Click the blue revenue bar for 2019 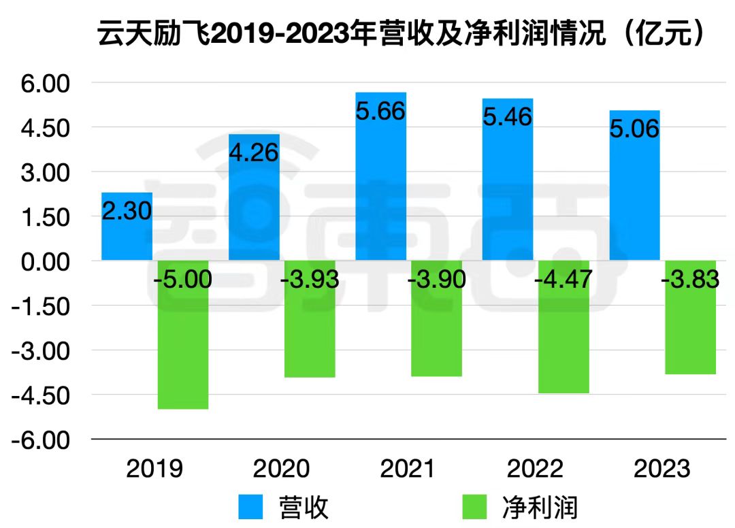[x=127, y=238]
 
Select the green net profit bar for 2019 [x=182, y=347]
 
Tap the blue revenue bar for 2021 [x=381, y=191]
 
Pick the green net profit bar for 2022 [x=563, y=340]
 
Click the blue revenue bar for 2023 [x=634, y=197]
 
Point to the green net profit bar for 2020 [x=310, y=333]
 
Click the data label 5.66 [x=381, y=111]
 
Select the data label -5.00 [x=182, y=280]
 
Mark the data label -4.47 [x=563, y=280]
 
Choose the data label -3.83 [x=689, y=280]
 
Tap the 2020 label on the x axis [x=281, y=469]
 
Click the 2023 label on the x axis [x=661, y=469]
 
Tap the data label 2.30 [x=127, y=212]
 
